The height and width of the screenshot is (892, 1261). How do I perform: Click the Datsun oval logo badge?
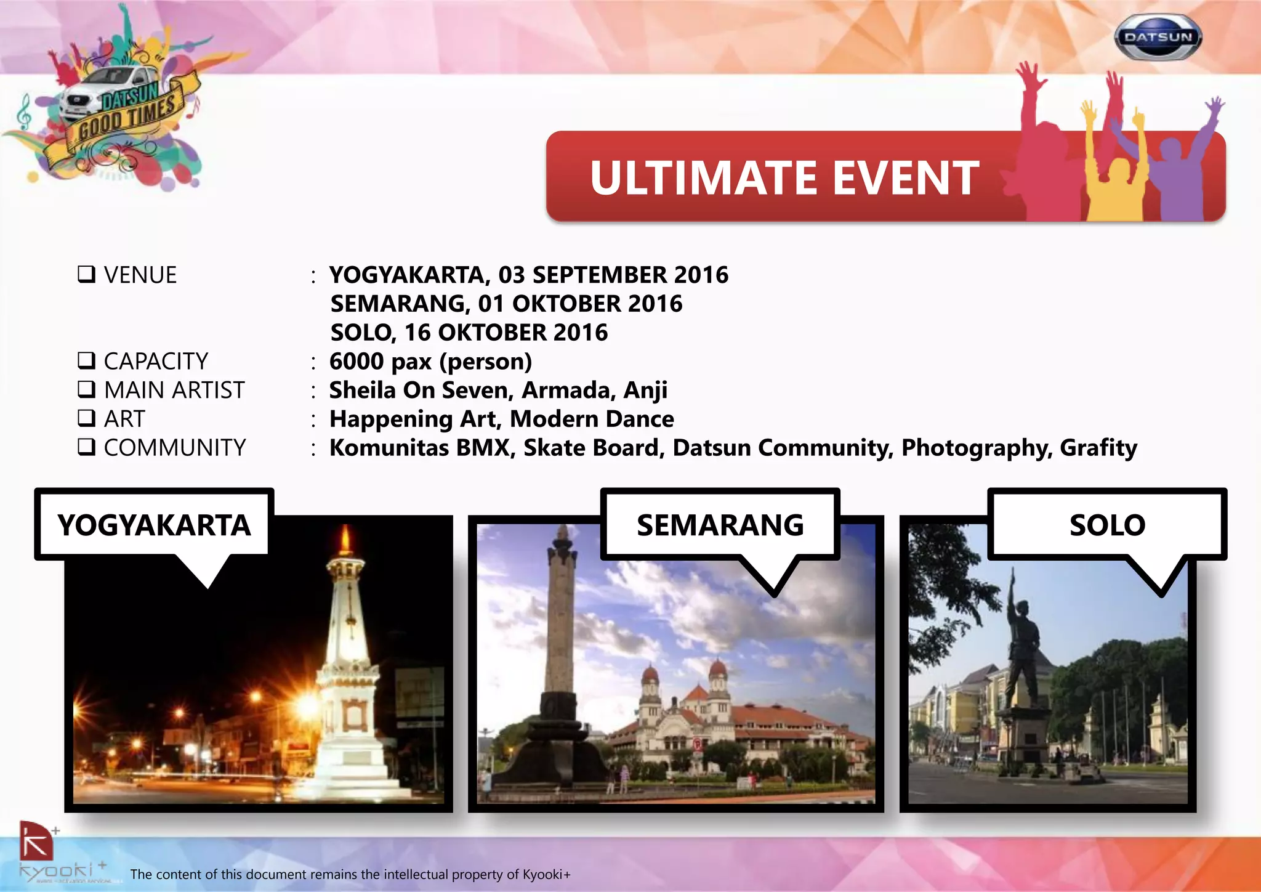pos(1158,37)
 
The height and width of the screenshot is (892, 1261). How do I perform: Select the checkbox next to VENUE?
pos(86,274)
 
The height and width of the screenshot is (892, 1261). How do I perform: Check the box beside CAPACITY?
pos(86,360)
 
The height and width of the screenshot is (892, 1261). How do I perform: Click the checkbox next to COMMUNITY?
pos(86,447)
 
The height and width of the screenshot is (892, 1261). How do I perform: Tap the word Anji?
pos(645,391)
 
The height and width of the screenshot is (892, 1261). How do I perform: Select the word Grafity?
pos(1098,448)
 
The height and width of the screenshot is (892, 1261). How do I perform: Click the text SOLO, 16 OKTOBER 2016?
pos(469,333)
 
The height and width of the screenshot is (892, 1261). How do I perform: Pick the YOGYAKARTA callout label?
pos(154,525)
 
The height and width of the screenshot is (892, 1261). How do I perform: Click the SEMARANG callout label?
pos(720,525)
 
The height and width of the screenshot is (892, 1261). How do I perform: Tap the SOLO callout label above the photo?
pos(1106,525)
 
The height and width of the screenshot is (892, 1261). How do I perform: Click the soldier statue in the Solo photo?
pos(1022,653)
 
